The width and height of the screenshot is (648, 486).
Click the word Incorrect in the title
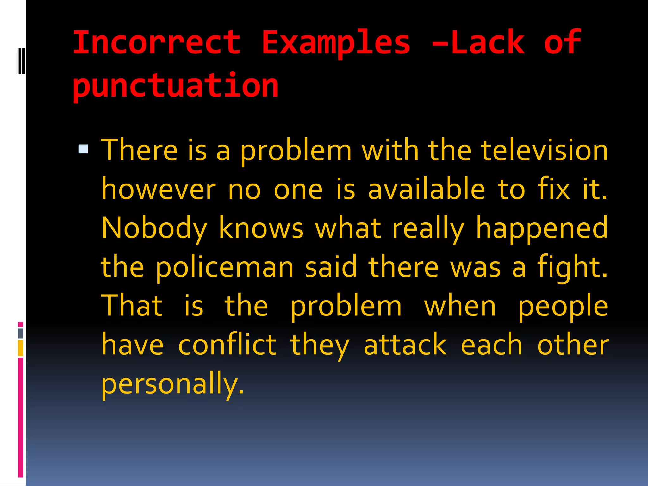click(x=157, y=42)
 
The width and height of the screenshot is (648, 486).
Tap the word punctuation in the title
click(x=176, y=86)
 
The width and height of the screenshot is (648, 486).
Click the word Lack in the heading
click(x=488, y=42)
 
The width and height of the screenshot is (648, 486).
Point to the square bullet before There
click(x=83, y=149)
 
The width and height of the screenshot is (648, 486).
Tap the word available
click(x=426, y=190)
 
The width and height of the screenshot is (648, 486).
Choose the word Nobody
click(x=154, y=228)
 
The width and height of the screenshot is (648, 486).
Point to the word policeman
click(x=225, y=268)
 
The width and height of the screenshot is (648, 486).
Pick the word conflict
click(x=227, y=345)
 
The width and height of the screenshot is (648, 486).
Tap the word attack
click(x=405, y=345)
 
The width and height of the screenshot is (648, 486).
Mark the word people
click(x=563, y=306)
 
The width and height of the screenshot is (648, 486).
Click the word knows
click(x=261, y=228)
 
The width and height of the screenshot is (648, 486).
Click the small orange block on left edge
click(x=21, y=348)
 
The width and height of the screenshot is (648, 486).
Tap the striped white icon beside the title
click(x=20, y=61)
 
